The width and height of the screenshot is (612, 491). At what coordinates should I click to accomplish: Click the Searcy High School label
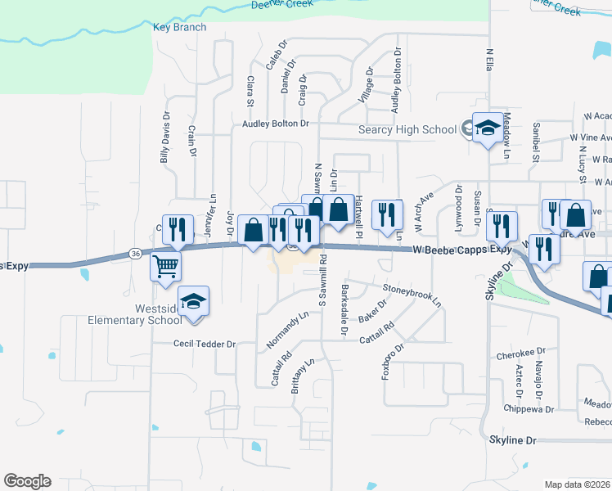click(x=407, y=129)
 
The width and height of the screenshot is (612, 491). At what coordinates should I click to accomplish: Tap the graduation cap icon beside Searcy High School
click(x=488, y=128)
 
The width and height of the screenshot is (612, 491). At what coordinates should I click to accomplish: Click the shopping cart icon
click(x=165, y=265)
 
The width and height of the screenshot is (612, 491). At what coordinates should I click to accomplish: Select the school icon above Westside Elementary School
click(x=194, y=302)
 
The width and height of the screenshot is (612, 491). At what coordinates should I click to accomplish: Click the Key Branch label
click(x=175, y=27)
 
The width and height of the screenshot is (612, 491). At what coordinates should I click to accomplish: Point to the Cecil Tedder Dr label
click(x=204, y=345)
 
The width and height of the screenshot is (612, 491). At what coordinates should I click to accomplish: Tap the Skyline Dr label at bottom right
click(x=512, y=440)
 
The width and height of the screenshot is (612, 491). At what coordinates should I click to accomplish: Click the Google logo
click(x=27, y=481)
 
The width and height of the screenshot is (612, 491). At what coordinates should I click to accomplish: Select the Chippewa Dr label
click(x=529, y=408)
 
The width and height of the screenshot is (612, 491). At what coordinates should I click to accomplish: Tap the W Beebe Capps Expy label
click(x=463, y=249)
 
